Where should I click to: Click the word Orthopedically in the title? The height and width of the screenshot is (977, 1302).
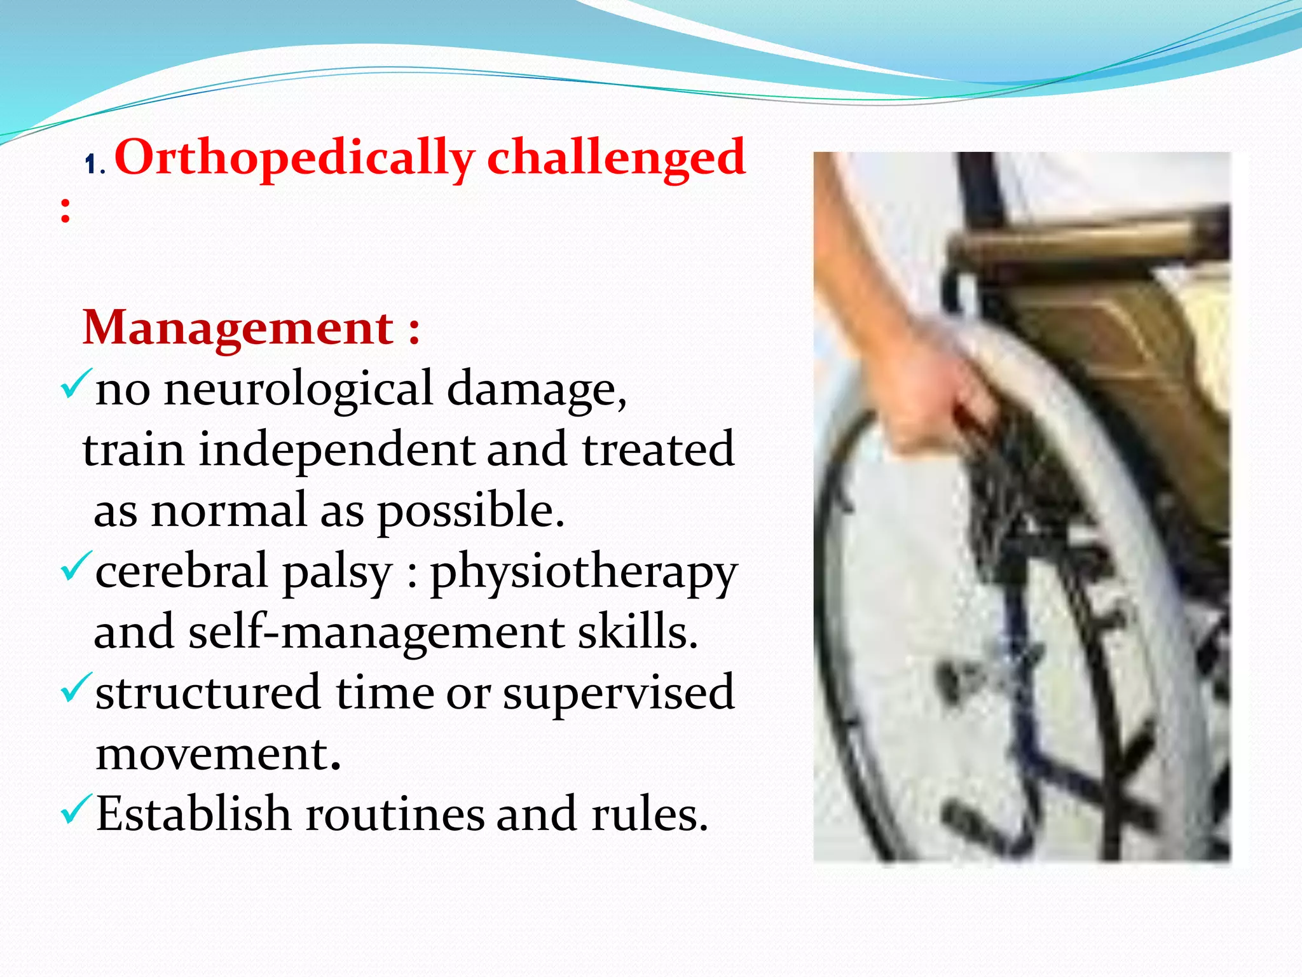tap(294, 159)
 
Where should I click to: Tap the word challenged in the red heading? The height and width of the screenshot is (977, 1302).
tap(615, 159)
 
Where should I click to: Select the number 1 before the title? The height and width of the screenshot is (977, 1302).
tap(91, 165)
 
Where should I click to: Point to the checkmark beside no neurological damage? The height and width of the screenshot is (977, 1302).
tap(76, 384)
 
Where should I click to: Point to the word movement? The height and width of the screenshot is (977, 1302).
tap(217, 754)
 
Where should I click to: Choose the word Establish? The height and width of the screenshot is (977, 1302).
tap(193, 814)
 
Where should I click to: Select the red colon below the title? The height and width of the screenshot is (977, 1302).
tap(65, 210)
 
